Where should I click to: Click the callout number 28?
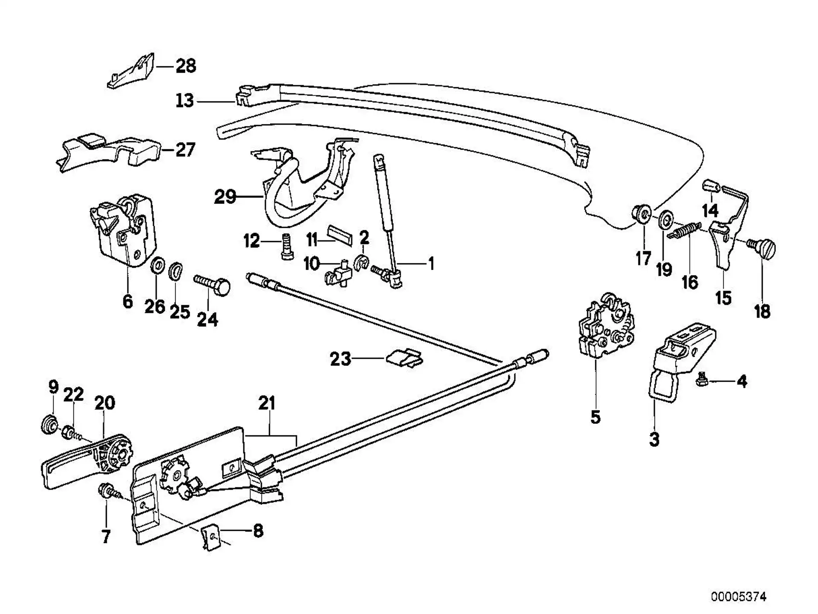click(186, 66)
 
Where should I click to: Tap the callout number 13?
click(185, 101)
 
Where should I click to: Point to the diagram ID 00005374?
click(738, 596)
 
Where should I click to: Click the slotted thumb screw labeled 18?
click(762, 248)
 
